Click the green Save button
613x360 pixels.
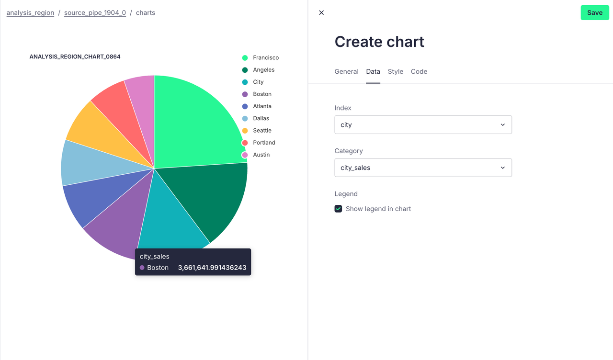(595, 13)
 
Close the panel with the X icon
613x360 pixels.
(321, 13)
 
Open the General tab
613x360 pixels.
(346, 72)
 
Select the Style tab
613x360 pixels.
(396, 72)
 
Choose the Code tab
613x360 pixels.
(419, 72)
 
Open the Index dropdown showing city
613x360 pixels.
(423, 124)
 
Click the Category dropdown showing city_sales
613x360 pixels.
(423, 168)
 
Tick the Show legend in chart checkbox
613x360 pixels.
(339, 209)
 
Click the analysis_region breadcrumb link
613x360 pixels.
(30, 13)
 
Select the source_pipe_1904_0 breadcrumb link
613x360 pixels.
(95, 13)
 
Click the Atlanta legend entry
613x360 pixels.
(262, 106)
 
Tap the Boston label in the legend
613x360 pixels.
(262, 94)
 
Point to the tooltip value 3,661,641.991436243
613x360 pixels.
(212, 268)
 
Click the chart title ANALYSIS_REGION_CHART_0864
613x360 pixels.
(75, 56)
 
